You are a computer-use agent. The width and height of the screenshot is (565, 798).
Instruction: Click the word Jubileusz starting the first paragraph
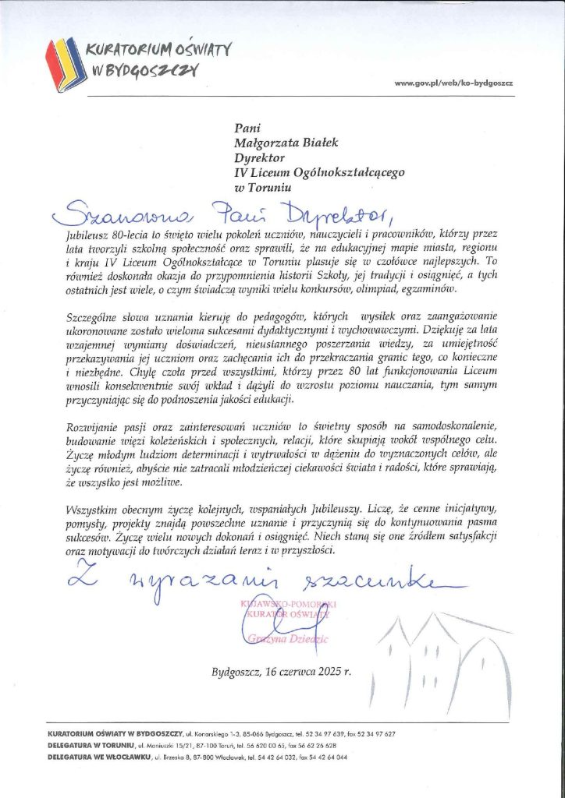point(89,233)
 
